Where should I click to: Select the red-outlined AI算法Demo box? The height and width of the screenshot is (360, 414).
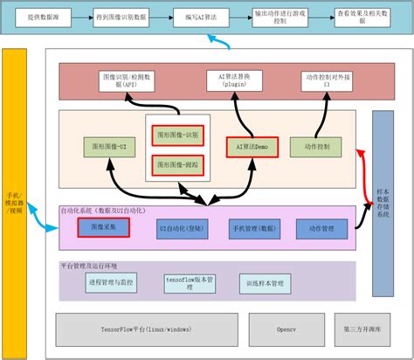(252, 147)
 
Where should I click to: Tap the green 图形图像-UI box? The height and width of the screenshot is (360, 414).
(109, 147)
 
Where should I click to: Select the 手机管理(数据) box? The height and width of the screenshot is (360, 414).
(254, 227)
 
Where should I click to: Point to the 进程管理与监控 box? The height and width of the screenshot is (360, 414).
(111, 283)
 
